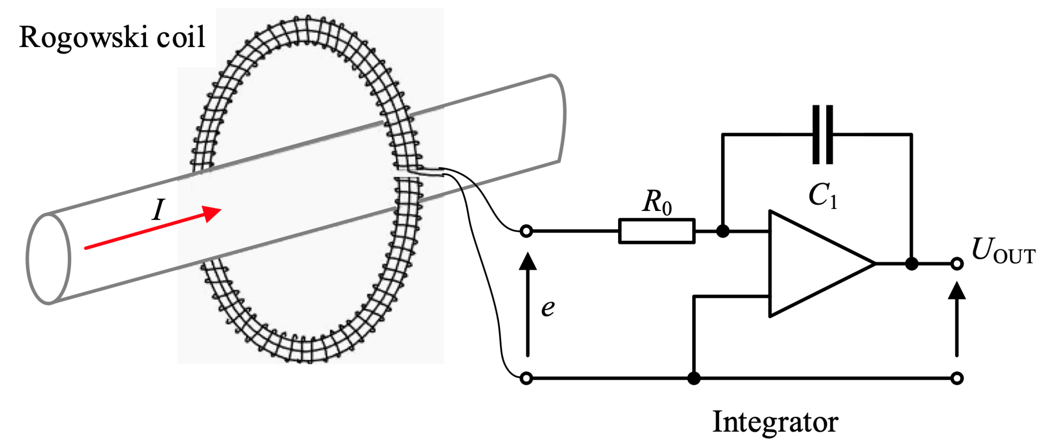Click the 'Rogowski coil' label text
pos(112,37)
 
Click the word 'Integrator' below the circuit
pos(775,422)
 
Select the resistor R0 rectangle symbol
pos(657,231)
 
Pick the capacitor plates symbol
pos(823,134)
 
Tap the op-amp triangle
pos(810,264)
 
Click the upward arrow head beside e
pos(528,261)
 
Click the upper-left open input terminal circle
pos(526,231)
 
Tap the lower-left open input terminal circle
pos(526,379)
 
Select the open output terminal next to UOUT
pos(957,264)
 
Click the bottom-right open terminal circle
pos(957,379)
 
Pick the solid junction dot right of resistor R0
pos(723,231)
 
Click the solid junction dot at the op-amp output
pos(912,264)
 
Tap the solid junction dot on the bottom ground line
pos(694,379)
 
